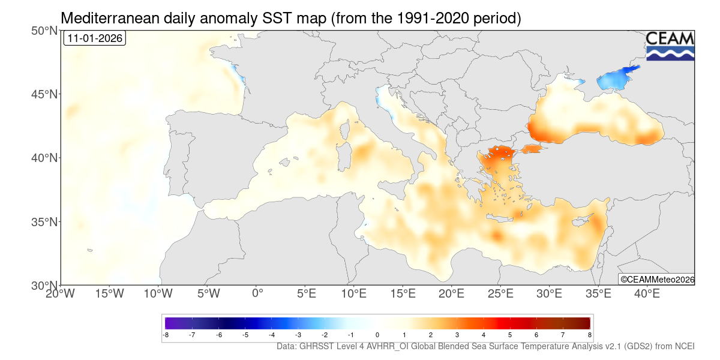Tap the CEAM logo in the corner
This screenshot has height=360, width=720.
[x=670, y=46]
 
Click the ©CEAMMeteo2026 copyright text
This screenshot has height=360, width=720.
[x=656, y=279]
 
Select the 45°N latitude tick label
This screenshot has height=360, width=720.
[x=44, y=94]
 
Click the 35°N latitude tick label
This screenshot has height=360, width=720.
[x=44, y=222]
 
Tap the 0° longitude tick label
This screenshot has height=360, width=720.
[x=257, y=294]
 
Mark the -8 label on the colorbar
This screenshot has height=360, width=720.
[x=166, y=335]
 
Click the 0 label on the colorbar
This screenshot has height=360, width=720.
[x=377, y=335]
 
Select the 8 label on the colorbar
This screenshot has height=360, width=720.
[x=589, y=335]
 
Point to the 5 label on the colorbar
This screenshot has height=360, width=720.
[x=510, y=335]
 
